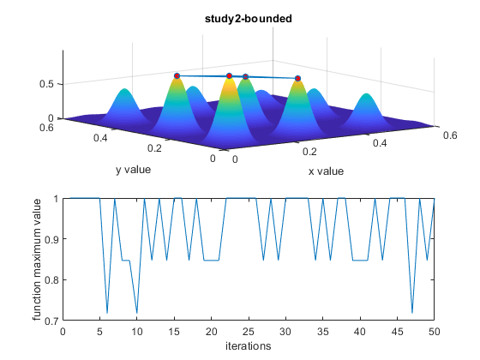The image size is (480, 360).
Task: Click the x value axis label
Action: pyautogui.click(x=326, y=171)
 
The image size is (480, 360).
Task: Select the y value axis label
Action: pyautogui.click(x=133, y=169)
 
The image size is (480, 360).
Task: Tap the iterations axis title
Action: pyautogui.click(x=248, y=346)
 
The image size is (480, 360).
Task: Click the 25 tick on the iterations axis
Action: pyautogui.click(x=249, y=332)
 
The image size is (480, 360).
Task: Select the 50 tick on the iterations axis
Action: pyautogui.click(x=435, y=332)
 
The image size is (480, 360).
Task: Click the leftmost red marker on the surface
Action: pyautogui.click(x=177, y=75)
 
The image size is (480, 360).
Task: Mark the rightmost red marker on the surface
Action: pyautogui.click(x=297, y=79)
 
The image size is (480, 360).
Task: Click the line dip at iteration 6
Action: pyautogui.click(x=107, y=313)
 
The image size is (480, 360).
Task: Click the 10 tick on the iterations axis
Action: pyautogui.click(x=137, y=332)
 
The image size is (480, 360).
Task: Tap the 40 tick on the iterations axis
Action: pyautogui.click(x=360, y=332)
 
